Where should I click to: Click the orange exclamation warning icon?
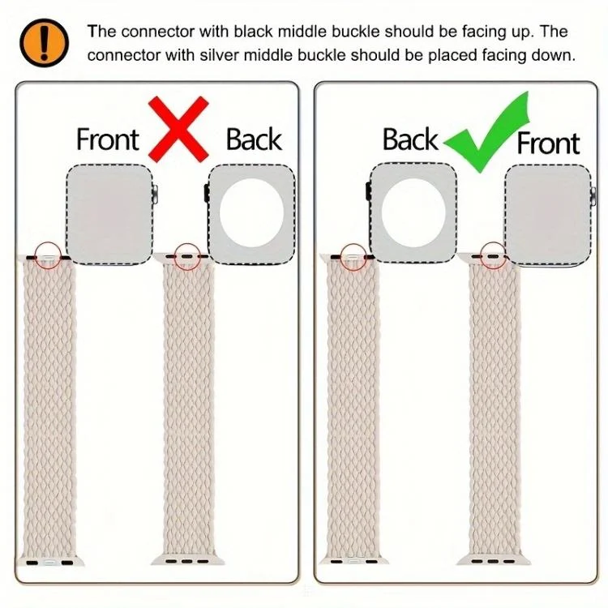[x=44, y=43]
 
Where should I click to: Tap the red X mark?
[x=179, y=129]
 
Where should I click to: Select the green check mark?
[x=486, y=132]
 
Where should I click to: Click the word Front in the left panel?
[x=107, y=139]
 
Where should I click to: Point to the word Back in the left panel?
[x=254, y=139]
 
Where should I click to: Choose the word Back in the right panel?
[x=410, y=139]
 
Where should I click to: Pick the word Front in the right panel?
[x=548, y=143]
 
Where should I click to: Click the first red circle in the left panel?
[x=48, y=255]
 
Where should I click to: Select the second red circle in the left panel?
[x=188, y=256]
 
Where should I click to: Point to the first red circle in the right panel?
[x=353, y=257]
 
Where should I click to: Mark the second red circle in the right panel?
[x=493, y=255]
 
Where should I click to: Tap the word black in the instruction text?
[x=253, y=32]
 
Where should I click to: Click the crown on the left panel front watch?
[x=155, y=195]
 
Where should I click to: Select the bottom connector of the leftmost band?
[x=49, y=562]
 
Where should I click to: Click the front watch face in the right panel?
[x=548, y=216]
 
